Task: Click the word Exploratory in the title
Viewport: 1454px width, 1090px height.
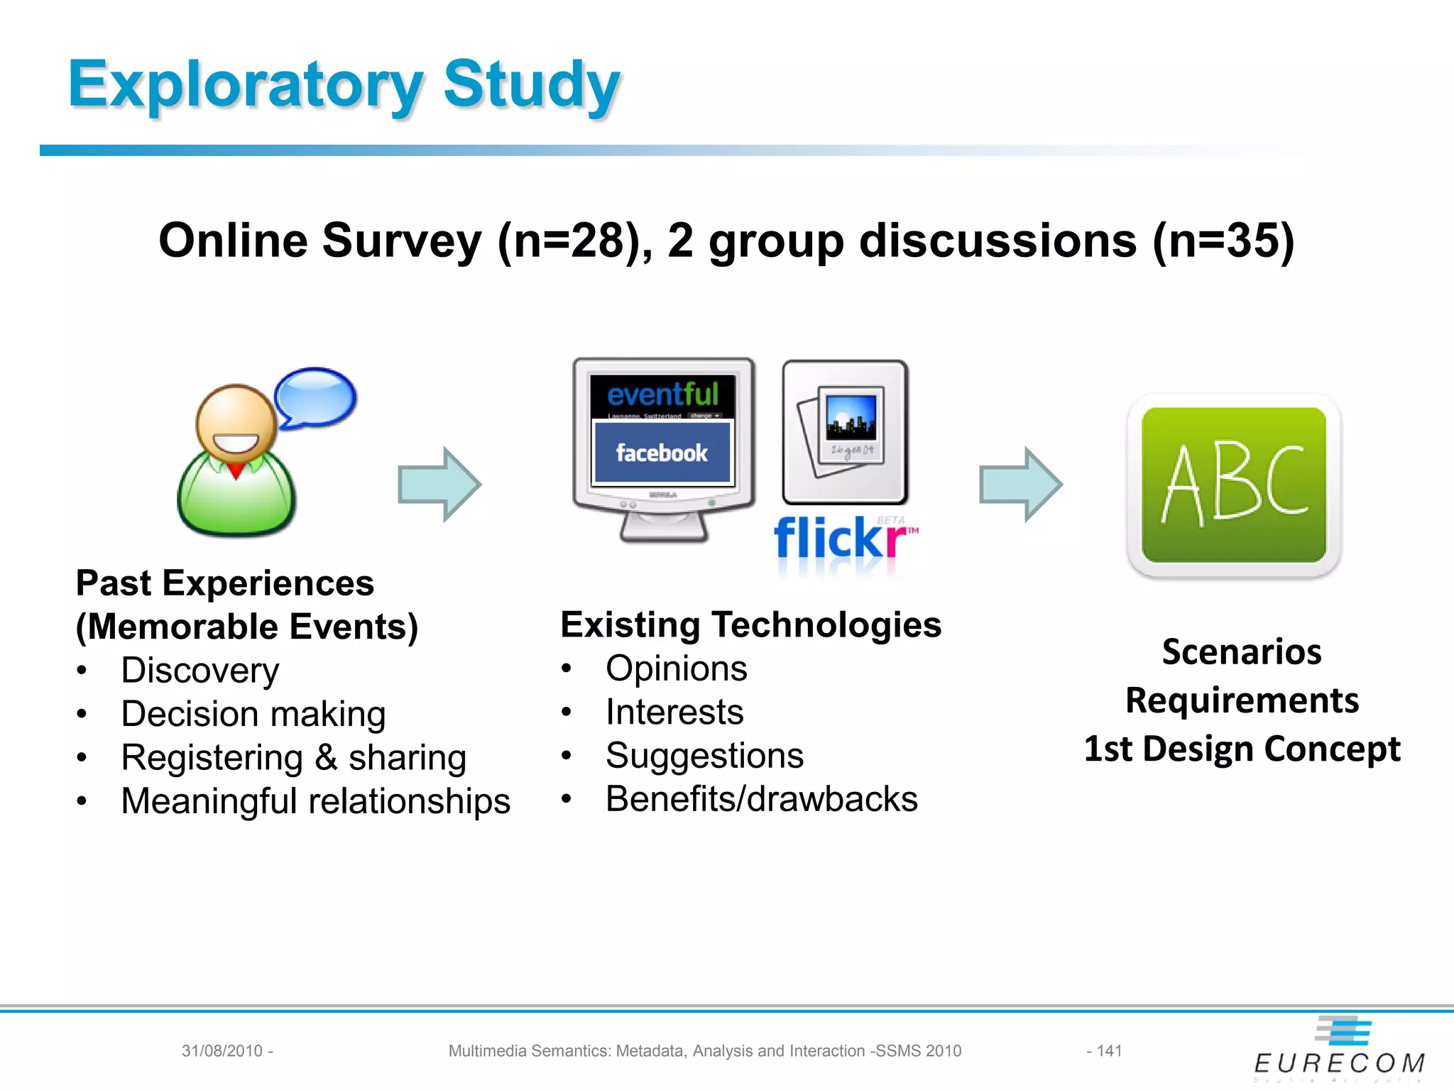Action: tap(245, 85)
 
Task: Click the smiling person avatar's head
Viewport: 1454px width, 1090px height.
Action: tap(236, 422)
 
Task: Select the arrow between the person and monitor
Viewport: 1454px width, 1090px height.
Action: tap(439, 485)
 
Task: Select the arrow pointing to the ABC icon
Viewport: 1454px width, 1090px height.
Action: tap(1020, 485)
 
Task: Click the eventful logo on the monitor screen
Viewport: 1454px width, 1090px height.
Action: tap(662, 395)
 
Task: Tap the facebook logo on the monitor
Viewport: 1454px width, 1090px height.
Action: tap(662, 453)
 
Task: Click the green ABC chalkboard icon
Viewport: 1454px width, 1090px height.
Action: tap(1233, 485)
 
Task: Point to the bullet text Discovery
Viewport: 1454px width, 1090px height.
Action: tap(200, 671)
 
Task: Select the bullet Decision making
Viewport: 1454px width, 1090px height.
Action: tap(253, 714)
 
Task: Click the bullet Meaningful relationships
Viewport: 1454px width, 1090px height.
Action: tap(315, 801)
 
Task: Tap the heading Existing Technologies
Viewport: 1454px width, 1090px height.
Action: tap(750, 625)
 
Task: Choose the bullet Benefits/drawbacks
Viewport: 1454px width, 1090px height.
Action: tap(761, 799)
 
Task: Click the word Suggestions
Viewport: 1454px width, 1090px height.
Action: tap(704, 756)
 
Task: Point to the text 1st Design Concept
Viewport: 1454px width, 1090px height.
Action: tap(1242, 749)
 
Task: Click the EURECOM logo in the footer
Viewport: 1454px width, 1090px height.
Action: tap(1339, 1050)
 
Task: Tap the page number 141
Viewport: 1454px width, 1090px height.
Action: tap(1109, 1051)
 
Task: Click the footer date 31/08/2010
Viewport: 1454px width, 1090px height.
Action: tap(222, 1051)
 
